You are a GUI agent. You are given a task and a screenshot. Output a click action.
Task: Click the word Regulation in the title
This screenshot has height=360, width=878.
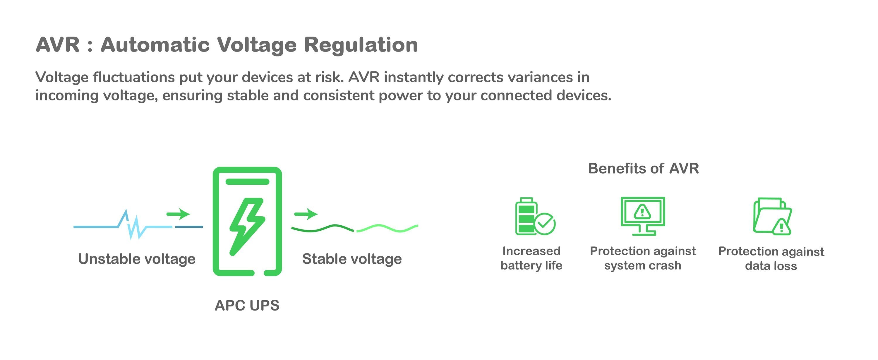tap(361, 45)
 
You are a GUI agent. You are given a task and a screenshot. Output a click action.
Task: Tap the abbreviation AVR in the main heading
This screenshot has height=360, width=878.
tap(58, 45)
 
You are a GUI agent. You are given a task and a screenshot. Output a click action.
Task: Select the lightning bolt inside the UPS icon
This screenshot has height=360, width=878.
tap(247, 225)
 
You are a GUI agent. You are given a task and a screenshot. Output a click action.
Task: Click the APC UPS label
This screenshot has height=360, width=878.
tap(247, 306)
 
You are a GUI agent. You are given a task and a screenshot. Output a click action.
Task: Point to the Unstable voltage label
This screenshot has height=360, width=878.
tap(137, 259)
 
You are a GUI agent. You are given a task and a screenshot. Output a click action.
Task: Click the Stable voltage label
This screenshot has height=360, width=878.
tap(352, 259)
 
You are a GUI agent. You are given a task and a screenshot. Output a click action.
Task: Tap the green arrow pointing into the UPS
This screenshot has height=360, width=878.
tap(178, 214)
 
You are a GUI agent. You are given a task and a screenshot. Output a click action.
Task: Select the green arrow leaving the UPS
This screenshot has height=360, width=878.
tap(306, 214)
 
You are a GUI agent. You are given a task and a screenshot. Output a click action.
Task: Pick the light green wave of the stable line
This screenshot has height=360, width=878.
tap(387, 228)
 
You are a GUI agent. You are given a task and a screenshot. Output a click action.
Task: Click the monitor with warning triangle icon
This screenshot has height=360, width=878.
tap(642, 216)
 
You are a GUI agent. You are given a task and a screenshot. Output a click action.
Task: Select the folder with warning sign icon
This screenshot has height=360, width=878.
tap(772, 217)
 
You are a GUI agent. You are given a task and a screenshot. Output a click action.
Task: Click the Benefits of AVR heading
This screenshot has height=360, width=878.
tap(644, 168)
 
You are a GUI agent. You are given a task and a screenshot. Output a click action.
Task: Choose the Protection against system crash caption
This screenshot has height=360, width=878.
tap(643, 258)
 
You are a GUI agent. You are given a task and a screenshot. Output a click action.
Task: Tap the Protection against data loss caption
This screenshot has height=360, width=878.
tap(771, 259)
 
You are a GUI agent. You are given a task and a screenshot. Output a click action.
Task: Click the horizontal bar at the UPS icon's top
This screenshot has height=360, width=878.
tap(247, 181)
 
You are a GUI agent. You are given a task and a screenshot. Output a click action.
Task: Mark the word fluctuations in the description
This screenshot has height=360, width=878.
tap(134, 77)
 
